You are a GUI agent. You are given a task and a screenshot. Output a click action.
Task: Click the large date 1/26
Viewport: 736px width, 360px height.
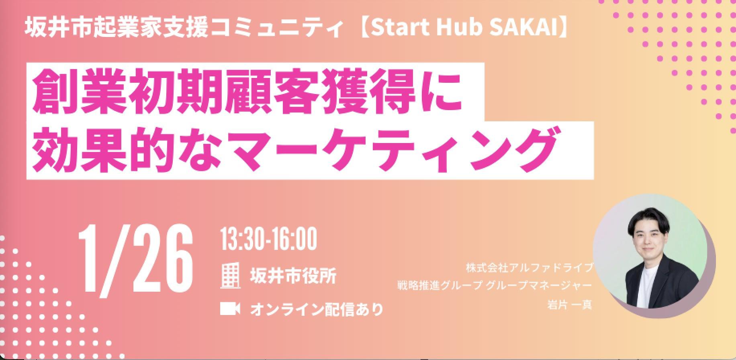coord(136,258)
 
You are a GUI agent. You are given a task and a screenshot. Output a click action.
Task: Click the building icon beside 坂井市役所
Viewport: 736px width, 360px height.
coord(231,276)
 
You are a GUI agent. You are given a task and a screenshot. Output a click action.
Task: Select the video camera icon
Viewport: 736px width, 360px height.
coord(230,309)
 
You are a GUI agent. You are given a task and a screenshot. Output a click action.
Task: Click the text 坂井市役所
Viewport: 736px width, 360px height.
coord(293,276)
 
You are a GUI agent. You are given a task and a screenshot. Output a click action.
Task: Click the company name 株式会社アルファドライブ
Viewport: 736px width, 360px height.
coord(530,267)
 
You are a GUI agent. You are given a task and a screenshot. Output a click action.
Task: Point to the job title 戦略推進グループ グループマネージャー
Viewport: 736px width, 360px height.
coord(495,286)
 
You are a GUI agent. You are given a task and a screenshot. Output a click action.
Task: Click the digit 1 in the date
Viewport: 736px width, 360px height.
coord(90,258)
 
